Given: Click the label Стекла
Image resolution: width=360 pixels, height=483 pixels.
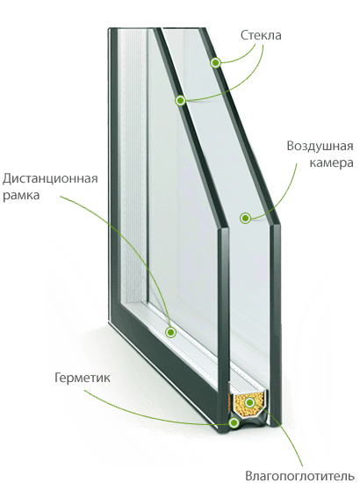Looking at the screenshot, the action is [261, 35].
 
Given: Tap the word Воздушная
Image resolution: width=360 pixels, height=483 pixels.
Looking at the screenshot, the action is [320, 147].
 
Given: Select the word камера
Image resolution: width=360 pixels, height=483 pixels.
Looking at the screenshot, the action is [331, 162].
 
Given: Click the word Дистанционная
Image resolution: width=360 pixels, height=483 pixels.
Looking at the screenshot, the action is [50, 179].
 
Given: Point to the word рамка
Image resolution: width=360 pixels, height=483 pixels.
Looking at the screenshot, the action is [21, 195].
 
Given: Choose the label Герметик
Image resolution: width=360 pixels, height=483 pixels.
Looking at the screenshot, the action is [82, 378].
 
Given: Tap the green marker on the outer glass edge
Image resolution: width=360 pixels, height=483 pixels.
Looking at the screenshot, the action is [216, 63].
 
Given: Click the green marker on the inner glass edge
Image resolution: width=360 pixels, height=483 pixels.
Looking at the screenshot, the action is [181, 100].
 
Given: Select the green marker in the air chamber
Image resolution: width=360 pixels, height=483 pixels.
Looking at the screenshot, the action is [245, 218].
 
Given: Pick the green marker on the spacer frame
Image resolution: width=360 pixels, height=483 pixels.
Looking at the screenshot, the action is [170, 332].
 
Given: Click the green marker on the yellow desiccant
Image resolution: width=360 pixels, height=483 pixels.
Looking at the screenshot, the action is [249, 402].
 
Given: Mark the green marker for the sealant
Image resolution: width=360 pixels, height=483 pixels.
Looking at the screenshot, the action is [234, 422].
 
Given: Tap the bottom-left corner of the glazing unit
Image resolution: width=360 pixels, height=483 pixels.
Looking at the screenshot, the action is [109, 322].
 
